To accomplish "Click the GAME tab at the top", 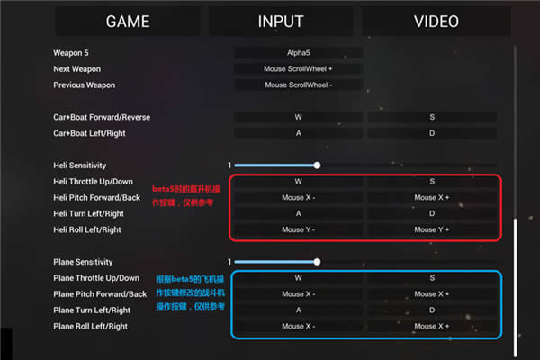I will [128, 22].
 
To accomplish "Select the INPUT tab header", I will [281, 22].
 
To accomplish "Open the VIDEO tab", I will [436, 22].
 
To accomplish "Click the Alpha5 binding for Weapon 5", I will [299, 53].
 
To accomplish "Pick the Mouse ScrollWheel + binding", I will [299, 69].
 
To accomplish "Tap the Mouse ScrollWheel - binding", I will [299, 85].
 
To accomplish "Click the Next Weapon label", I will [76, 69].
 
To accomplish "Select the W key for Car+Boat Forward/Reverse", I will [299, 118].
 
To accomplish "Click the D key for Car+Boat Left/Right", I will [432, 133].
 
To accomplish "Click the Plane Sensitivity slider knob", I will [317, 262].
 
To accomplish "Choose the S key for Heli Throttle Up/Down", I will [432, 182].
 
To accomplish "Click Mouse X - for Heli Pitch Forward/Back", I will [299, 197].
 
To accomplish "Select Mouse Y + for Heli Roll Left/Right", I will [432, 229].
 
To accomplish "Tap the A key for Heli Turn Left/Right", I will [299, 213].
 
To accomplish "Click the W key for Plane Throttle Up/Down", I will [299, 278].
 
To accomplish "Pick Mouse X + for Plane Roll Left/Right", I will [432, 326].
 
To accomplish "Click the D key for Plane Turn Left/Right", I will [432, 310].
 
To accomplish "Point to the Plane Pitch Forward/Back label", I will [100, 294].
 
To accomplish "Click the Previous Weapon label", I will [84, 85].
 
